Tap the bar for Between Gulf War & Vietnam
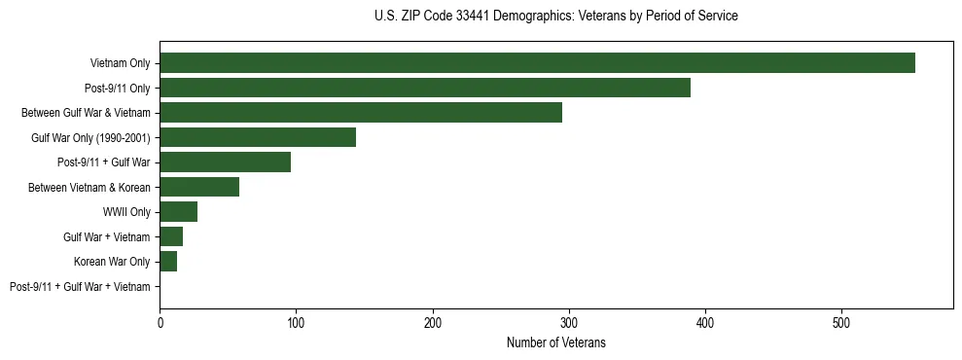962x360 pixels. [361, 113]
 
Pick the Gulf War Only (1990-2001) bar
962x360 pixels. [258, 137]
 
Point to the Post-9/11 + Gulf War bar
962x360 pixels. [225, 162]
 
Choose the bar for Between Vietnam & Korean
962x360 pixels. [199, 187]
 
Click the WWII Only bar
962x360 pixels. [179, 212]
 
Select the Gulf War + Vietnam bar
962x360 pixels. [171, 236]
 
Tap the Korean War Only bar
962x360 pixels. [168, 262]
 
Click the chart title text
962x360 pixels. [555, 17]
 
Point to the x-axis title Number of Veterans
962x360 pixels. [555, 342]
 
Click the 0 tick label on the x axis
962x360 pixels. [160, 322]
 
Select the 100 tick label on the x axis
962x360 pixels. [296, 322]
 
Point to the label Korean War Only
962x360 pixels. [112, 262]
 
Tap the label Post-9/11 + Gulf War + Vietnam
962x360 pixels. [80, 287]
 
